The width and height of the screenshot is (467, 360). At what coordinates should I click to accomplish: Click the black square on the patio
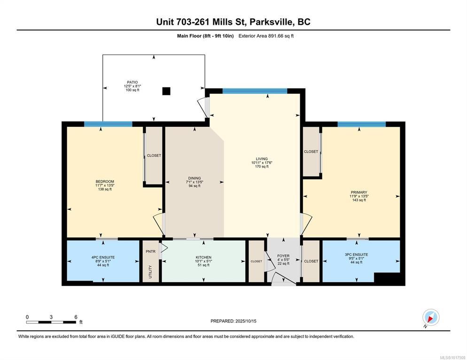(166, 91)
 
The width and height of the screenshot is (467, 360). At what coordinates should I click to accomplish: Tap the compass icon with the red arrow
(431, 317)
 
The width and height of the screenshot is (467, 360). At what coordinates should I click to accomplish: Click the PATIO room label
(132, 83)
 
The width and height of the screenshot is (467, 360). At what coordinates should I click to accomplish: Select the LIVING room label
(262, 159)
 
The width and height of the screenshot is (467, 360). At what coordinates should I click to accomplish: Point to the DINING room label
(195, 178)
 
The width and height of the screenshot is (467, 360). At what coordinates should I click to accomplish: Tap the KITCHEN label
(204, 257)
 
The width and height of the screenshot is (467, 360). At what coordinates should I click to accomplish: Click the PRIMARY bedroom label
(359, 192)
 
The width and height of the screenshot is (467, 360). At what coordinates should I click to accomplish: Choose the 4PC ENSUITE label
(103, 257)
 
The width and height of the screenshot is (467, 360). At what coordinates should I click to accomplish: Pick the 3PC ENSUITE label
(357, 255)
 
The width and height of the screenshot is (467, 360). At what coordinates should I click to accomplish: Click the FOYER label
(283, 256)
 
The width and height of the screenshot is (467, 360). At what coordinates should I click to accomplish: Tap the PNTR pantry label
(151, 252)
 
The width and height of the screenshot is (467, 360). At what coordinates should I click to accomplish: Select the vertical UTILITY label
(150, 272)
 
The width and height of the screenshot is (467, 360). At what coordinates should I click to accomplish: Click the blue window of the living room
(255, 91)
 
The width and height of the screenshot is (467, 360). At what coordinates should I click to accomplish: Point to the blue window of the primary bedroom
(362, 124)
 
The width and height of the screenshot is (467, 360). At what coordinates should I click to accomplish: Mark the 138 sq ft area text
(105, 189)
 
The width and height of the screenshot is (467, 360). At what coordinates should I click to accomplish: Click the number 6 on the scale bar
(76, 317)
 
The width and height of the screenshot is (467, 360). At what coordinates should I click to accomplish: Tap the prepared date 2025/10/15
(246, 321)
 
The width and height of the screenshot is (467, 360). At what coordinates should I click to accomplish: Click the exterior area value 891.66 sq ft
(281, 36)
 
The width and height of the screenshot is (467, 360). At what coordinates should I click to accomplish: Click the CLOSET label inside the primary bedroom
(311, 152)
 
